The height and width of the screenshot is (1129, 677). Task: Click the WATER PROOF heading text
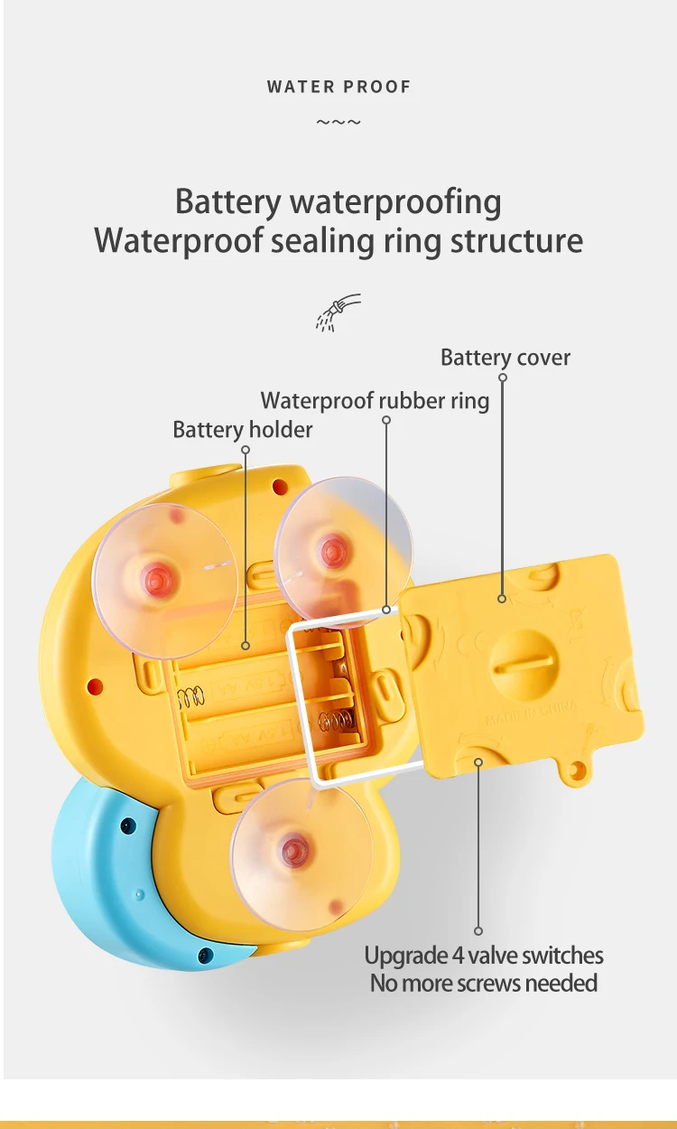pyautogui.click(x=338, y=87)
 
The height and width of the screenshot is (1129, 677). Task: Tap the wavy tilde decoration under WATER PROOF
pyautogui.click(x=338, y=122)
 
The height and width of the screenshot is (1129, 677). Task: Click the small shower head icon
pyautogui.click(x=338, y=312)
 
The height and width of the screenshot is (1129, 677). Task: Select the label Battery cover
pyautogui.click(x=505, y=358)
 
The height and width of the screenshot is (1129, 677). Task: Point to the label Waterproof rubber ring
pyautogui.click(x=375, y=400)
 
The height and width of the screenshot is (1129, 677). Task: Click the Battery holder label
pyautogui.click(x=242, y=430)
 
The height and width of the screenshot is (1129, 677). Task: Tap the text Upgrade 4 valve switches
pyautogui.click(x=484, y=956)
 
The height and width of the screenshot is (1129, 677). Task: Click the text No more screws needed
pyautogui.click(x=484, y=983)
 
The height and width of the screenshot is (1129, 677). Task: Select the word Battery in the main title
pyautogui.click(x=228, y=201)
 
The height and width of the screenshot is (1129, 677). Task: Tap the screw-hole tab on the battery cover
pyautogui.click(x=573, y=770)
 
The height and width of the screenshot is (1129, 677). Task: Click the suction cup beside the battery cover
pyautogui.click(x=343, y=547)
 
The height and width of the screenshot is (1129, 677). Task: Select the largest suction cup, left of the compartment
pyautogui.click(x=166, y=579)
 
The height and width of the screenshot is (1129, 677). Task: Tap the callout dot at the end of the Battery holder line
pyautogui.click(x=245, y=646)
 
